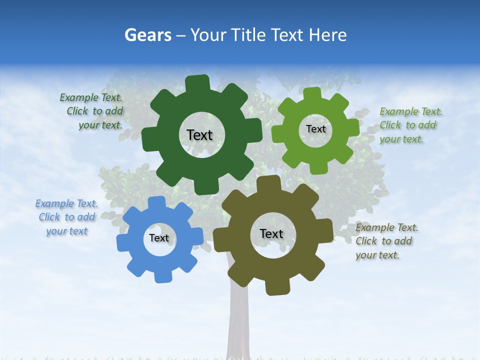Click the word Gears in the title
coord(147,35)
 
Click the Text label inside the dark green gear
coord(199,135)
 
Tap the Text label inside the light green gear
coord(315,129)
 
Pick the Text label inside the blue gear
coord(159,238)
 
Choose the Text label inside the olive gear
coord(271,234)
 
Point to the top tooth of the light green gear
coord(312,94)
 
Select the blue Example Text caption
coord(66,217)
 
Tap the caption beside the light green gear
coord(410,125)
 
